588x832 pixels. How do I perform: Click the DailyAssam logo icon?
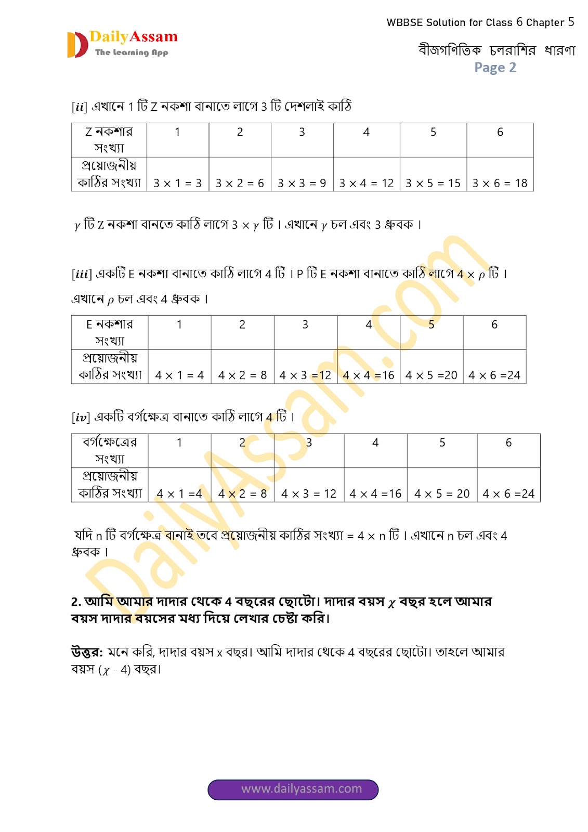coord(77,45)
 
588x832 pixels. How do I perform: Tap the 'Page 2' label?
coord(495,68)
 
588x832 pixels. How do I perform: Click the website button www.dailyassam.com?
coord(293,789)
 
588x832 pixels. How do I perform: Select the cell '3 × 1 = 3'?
coord(178,183)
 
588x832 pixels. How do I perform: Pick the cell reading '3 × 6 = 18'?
coord(500,183)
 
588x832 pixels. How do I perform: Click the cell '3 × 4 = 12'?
coord(367,183)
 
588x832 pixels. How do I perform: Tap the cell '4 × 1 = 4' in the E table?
coord(179,375)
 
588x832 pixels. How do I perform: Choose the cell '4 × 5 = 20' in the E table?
coord(431,375)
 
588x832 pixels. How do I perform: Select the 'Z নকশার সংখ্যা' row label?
coord(109,140)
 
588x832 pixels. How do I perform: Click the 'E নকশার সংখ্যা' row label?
coord(110,332)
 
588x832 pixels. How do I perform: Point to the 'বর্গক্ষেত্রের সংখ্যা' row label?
coord(110,450)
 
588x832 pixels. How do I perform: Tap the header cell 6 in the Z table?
coord(500,132)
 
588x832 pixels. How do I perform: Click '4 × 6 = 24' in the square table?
coord(508,493)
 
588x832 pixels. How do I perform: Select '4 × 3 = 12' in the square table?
coord(309,493)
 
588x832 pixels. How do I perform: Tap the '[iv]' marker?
coord(81,418)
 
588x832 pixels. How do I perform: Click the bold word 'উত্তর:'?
coord(87,652)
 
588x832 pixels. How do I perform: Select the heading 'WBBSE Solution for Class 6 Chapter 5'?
coord(480,22)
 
